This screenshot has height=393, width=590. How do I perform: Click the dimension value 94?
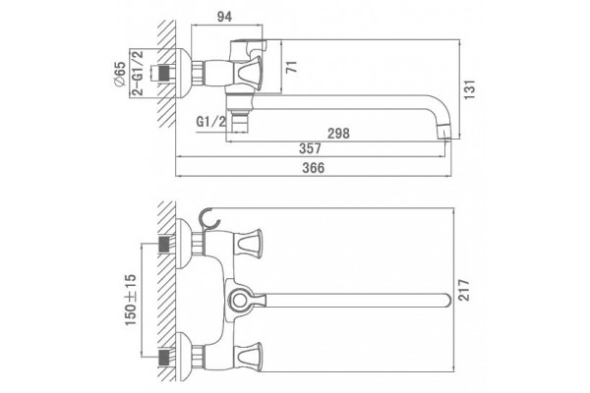pyautogui.click(x=224, y=17)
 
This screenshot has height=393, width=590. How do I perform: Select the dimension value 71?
pyautogui.click(x=291, y=67)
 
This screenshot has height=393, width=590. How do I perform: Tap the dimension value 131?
pyautogui.click(x=469, y=89)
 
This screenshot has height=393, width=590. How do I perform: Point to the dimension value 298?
pyautogui.click(x=338, y=134)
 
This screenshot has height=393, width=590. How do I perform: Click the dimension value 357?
pyautogui.click(x=311, y=148)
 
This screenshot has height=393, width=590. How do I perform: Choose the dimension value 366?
pyautogui.click(x=314, y=168)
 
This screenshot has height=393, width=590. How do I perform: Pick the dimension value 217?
pyautogui.click(x=464, y=290)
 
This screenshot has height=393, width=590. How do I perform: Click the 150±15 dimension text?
pyautogui.click(x=130, y=300)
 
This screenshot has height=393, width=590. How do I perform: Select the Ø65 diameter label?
pyautogui.click(x=120, y=75)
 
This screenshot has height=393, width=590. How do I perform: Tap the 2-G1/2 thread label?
pyautogui.click(x=138, y=73)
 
